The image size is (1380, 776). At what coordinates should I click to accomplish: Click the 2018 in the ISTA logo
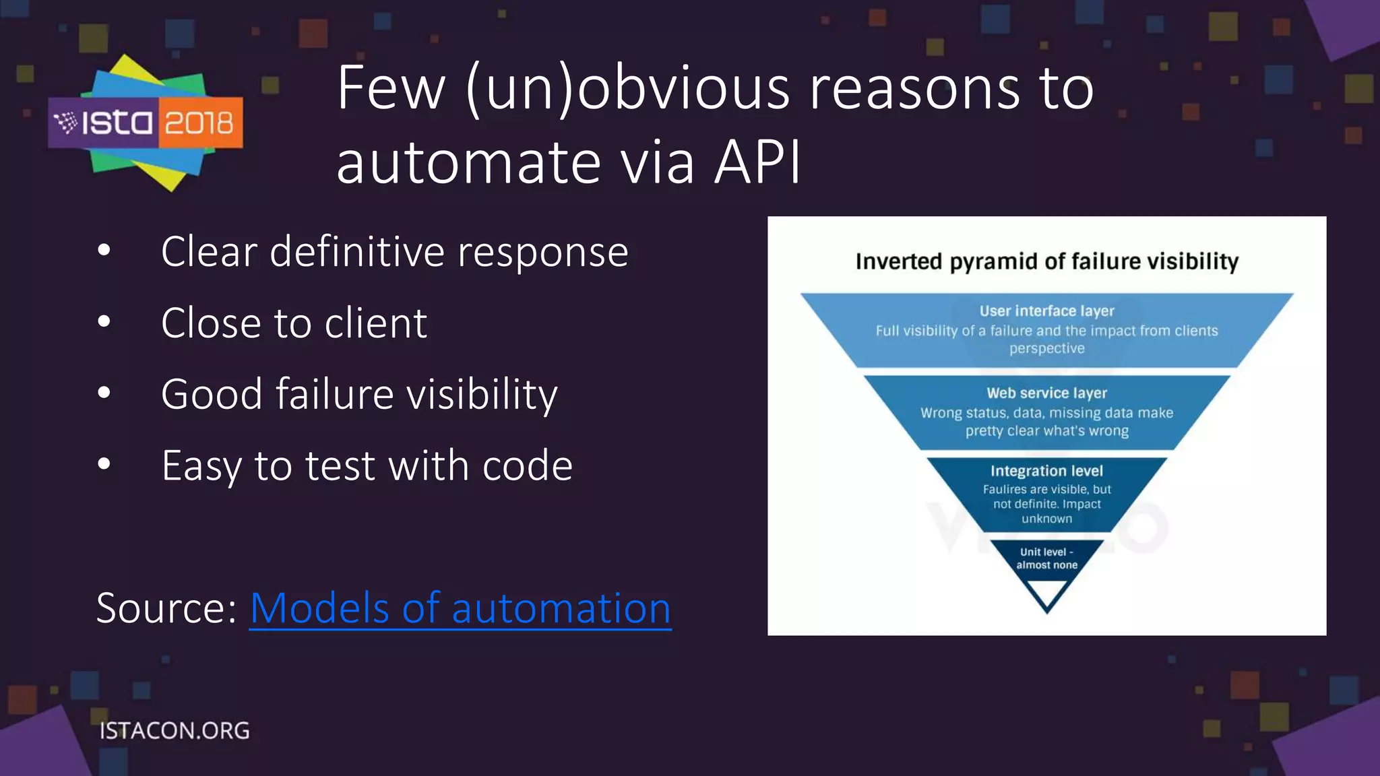click(x=199, y=123)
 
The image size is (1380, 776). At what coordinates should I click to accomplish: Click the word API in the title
click(x=757, y=162)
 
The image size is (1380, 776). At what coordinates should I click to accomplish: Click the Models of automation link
click(x=460, y=608)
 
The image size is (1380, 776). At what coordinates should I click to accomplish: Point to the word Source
click(x=166, y=608)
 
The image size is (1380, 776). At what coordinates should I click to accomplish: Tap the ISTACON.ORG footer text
click(x=175, y=731)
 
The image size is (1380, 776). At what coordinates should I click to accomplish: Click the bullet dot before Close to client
click(x=104, y=323)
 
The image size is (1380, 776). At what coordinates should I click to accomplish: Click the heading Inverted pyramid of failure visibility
click(x=1046, y=261)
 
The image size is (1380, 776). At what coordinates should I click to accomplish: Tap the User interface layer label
click(x=1046, y=311)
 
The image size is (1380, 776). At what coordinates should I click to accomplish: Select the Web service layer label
click(x=1046, y=393)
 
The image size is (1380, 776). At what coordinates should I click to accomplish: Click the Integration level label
click(x=1046, y=471)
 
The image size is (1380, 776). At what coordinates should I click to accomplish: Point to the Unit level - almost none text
click(x=1046, y=558)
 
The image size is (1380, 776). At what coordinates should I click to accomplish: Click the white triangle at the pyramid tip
click(x=1046, y=591)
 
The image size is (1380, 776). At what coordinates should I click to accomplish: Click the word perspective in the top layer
click(x=1046, y=349)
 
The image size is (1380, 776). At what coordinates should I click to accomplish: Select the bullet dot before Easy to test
click(x=104, y=464)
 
